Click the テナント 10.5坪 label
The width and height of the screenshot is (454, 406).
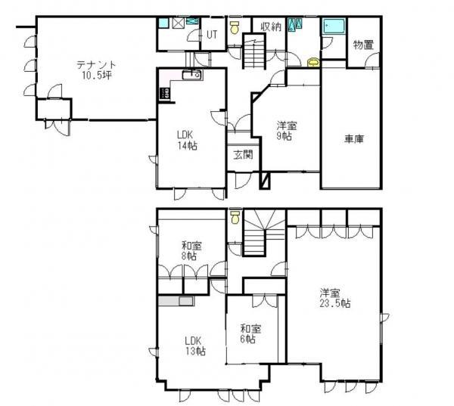pos(96,70)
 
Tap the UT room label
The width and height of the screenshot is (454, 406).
pos(212,35)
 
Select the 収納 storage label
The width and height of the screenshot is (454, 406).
pos(271,27)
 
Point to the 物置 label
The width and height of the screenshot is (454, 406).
pos(363,45)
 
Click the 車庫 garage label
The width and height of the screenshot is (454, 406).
pos(354,139)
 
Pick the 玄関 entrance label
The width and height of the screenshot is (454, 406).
pos(243,155)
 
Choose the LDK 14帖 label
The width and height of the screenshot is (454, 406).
pos(188,140)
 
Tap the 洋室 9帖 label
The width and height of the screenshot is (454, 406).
pos(286,131)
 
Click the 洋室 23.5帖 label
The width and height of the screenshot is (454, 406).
pos(335,298)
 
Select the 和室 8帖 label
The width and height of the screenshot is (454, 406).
pos(191,251)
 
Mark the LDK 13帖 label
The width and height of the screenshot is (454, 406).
pos(195,346)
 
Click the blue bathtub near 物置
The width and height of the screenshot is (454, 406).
pos(334,26)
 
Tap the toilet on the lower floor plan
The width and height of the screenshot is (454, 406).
pos(235,217)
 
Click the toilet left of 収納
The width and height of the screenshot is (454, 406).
pos(235,27)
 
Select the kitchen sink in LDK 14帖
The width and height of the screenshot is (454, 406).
pos(192,76)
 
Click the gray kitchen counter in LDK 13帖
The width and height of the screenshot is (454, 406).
pos(176,301)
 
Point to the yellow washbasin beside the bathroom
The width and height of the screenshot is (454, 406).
pos(314,62)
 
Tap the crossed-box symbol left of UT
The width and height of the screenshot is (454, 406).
pos(177,23)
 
